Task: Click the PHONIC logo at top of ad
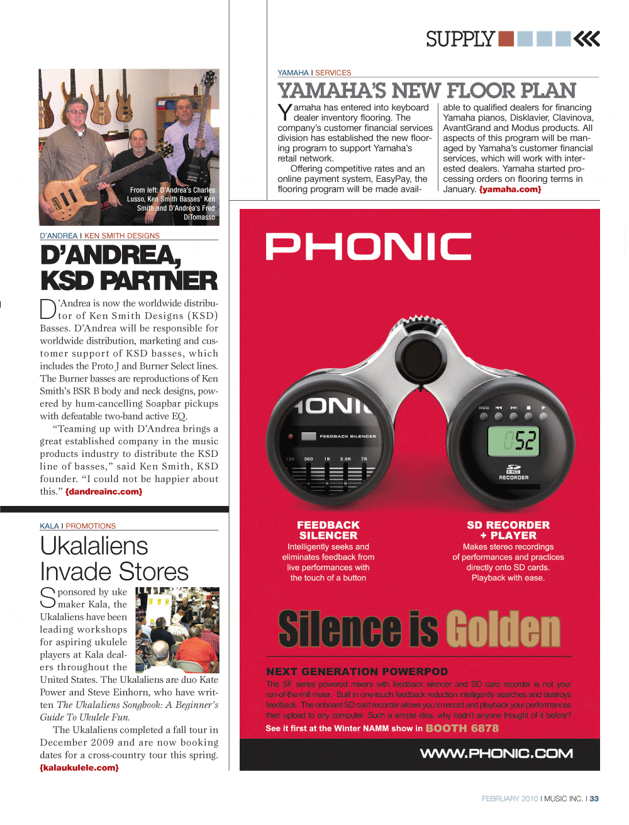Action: pos(369,246)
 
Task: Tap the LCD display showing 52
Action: pos(514,440)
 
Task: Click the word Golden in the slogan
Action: pos(503,629)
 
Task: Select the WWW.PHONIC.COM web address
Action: pos(496,753)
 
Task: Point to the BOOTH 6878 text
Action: pos(462,728)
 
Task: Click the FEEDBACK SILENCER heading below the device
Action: pos(328,530)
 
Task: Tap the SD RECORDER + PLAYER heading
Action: pos(508,530)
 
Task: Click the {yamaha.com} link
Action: pos(509,189)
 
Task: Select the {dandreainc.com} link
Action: pos(104,491)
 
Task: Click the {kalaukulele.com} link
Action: pos(79,767)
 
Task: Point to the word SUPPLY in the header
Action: pos(460,39)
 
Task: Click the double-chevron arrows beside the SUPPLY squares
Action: pos(587,39)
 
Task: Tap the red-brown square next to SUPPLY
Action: pos(506,39)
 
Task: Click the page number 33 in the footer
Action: pos(594,799)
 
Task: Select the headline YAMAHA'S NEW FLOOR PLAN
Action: pos(427,91)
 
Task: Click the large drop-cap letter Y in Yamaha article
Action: pos(285,113)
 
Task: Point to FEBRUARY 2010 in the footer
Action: pos(509,799)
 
